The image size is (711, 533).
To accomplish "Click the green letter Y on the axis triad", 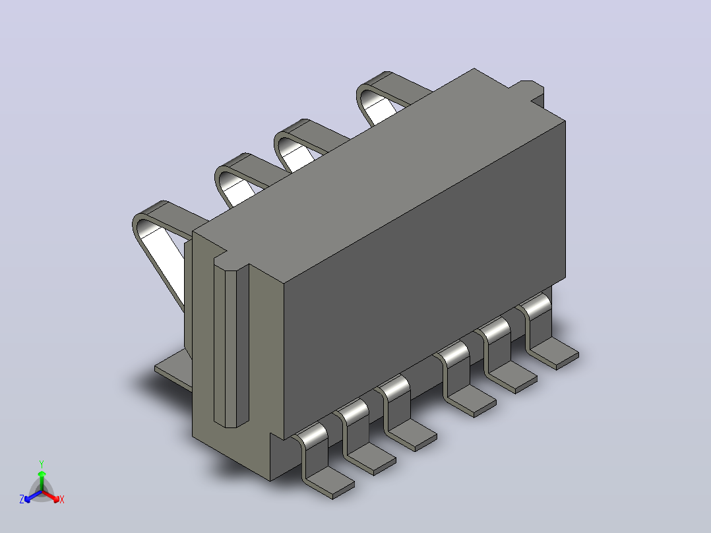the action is point(42,464).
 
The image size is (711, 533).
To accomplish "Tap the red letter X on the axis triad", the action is point(62,499).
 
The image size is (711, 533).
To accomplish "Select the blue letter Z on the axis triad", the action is point(22,499).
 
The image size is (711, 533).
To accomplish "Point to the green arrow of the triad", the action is point(42,480).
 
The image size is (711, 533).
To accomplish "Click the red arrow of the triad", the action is point(51,496).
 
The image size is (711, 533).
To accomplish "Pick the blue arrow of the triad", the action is point(33,496).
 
